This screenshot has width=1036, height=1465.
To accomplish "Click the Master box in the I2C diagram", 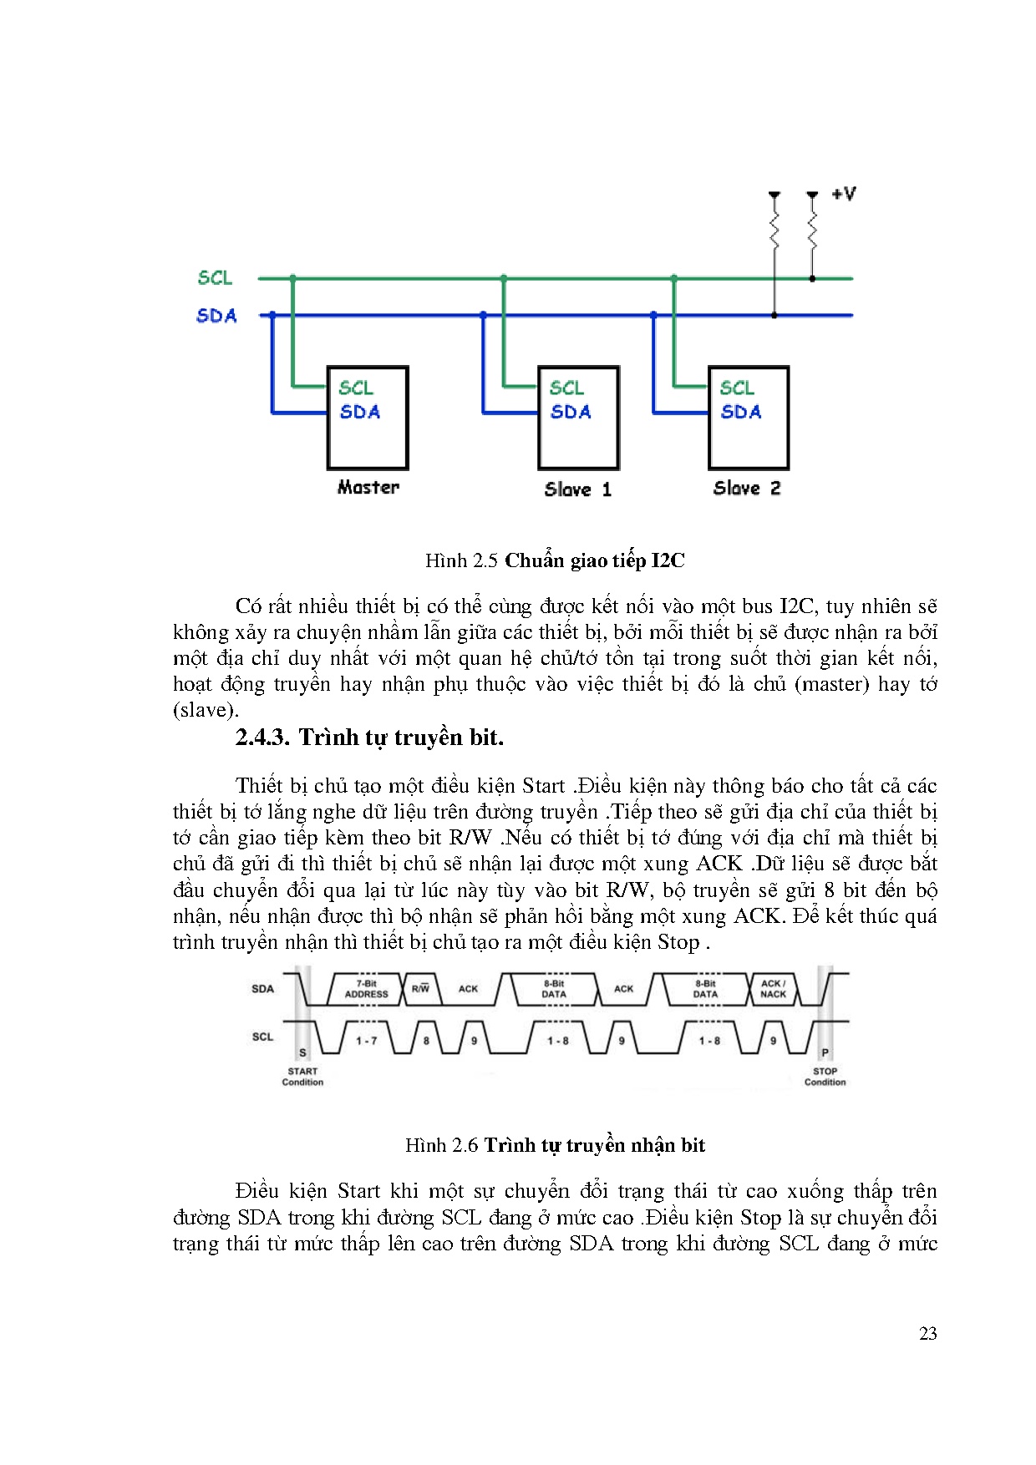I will pyautogui.click(x=367, y=418).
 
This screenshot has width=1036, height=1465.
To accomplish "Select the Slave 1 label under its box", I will pyautogui.click(x=577, y=489).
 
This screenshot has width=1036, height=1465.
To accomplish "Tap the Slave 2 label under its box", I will pyautogui.click(x=747, y=488).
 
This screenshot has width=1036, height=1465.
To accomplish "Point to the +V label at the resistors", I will pyautogui.click(x=844, y=194).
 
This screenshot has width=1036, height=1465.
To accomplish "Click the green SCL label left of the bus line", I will pyautogui.click(x=215, y=277).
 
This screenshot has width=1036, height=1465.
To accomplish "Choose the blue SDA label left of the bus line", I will pyautogui.click(x=216, y=316).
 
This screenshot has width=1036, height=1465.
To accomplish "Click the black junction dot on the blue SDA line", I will pyautogui.click(x=774, y=316).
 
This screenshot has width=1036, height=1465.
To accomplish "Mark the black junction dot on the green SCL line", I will pyautogui.click(x=812, y=278).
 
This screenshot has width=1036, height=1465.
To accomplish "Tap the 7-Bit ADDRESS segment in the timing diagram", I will pyautogui.click(x=367, y=989).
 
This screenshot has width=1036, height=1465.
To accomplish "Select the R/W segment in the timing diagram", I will pyautogui.click(x=420, y=989).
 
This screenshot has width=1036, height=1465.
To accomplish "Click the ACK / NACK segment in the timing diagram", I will pyautogui.click(x=773, y=989).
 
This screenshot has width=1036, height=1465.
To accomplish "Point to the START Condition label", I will pyautogui.click(x=302, y=1077).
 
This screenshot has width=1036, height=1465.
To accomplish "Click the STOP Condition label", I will pyautogui.click(x=825, y=1077).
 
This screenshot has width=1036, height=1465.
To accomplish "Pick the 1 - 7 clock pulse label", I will pyautogui.click(x=367, y=1041).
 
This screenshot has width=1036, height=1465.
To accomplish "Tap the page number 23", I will pyautogui.click(x=927, y=1334).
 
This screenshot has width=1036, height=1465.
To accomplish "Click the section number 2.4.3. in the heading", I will pyautogui.click(x=262, y=738).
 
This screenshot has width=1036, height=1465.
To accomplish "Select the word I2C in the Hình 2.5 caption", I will pyautogui.click(x=667, y=560).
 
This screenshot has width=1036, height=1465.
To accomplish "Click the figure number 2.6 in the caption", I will pyautogui.click(x=465, y=1145).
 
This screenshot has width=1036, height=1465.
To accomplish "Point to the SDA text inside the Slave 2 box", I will pyautogui.click(x=741, y=412).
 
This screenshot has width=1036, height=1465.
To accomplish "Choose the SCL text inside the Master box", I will pyautogui.click(x=356, y=388).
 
